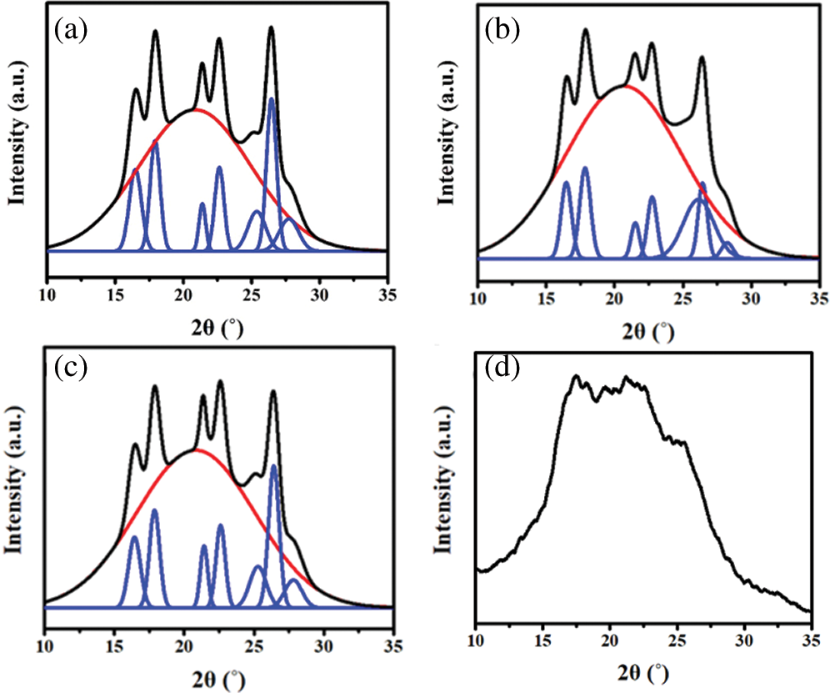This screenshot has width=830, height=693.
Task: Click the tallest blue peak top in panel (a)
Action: (271, 99)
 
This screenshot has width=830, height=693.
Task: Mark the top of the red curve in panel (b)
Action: (625, 85)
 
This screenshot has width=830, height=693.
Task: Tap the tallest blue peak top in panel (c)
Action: (273, 465)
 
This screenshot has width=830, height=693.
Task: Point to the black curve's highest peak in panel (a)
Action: (271, 28)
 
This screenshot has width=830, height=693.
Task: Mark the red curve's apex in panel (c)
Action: (196, 450)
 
